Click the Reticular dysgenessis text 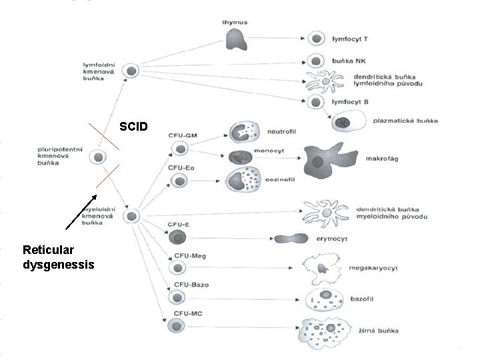pyautogui.click(x=58, y=257)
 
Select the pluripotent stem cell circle pyautogui.click(x=99, y=157)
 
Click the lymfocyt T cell pyautogui.click(x=315, y=39)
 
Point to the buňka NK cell pyautogui.click(x=315, y=60)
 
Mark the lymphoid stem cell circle pyautogui.click(x=132, y=70)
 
